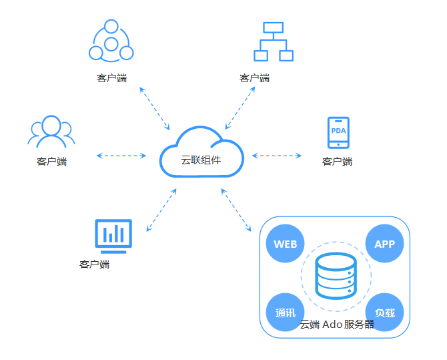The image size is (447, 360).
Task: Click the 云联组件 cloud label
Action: pyautogui.click(x=201, y=160)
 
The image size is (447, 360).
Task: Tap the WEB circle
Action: pyautogui.click(x=285, y=244)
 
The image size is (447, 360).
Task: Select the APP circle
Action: pyautogui.click(x=385, y=244)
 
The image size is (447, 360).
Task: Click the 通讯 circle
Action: pyautogui.click(x=285, y=312)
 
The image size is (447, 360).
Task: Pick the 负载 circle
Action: pyautogui.click(x=385, y=312)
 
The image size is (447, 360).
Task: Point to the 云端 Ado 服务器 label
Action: pyautogui.click(x=337, y=325)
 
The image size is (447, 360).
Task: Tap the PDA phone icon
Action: pyautogui.click(x=338, y=132)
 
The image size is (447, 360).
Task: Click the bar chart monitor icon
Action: pyautogui.click(x=113, y=235)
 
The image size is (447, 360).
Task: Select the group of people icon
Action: pyautogui.click(x=51, y=132)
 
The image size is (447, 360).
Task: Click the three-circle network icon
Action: pyautogui.click(x=111, y=41)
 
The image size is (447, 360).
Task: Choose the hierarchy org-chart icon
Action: pyautogui.click(x=273, y=41)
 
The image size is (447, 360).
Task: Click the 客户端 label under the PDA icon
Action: pyautogui.click(x=337, y=162)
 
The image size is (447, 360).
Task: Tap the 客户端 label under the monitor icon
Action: pyautogui.click(x=94, y=264)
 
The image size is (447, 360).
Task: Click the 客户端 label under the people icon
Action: pyautogui.click(x=51, y=162)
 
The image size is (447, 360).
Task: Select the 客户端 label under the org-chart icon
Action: pyautogui.click(x=254, y=78)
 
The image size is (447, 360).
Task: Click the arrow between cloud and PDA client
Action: pyautogui.click(x=277, y=156)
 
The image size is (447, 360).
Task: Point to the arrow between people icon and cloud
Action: pyautogui.click(x=121, y=156)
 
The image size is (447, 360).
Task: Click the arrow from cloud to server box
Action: pyautogui.click(x=240, y=211)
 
